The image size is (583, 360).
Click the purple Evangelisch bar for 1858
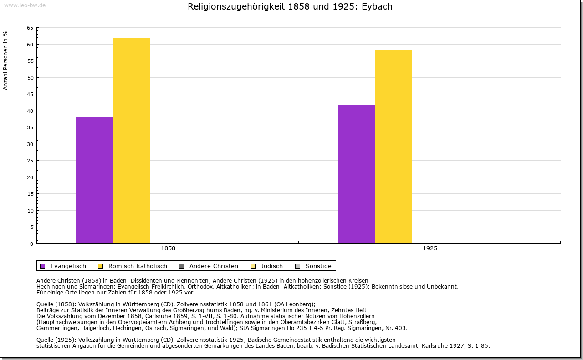pyautogui.click(x=94, y=180)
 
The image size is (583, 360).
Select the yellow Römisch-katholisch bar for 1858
pyautogui.click(x=132, y=141)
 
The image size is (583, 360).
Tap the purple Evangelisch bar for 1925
pyautogui.click(x=356, y=174)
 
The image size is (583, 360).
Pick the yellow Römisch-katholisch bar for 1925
pyautogui.click(x=394, y=147)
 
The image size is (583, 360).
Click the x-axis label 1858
pyautogui.click(x=168, y=248)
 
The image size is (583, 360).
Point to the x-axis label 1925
pyautogui.click(x=430, y=248)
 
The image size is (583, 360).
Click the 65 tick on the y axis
pyautogui.click(x=30, y=28)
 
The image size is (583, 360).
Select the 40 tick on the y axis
pyautogui.click(x=30, y=111)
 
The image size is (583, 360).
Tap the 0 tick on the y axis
pyautogui.click(x=31, y=244)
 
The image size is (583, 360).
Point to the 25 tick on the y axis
pyautogui.click(x=30, y=161)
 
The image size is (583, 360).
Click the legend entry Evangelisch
pyautogui.click(x=68, y=266)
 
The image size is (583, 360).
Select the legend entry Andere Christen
pyautogui.click(x=214, y=266)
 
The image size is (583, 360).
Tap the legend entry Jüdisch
pyautogui.click(x=272, y=266)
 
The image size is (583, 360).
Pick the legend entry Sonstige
pyautogui.click(x=318, y=266)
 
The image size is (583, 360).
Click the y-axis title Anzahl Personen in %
pyautogui.click(x=6, y=60)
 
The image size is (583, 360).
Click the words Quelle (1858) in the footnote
pyautogui.click(x=56, y=304)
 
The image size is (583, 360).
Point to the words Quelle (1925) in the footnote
pyautogui.click(x=56, y=340)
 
